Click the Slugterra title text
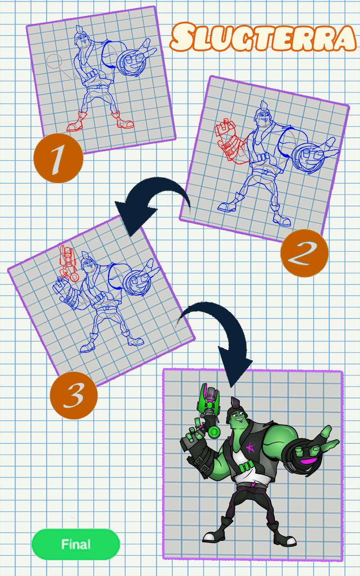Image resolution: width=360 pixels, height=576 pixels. (x=263, y=37)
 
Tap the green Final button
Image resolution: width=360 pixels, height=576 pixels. (x=76, y=544)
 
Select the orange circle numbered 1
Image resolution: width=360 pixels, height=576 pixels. (x=58, y=158)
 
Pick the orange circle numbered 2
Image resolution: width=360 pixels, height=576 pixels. (x=304, y=253)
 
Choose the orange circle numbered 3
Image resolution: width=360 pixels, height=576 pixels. (x=74, y=395)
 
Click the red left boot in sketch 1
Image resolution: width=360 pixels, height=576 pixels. (x=76, y=121)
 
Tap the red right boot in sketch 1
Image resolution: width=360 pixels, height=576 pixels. (x=122, y=120)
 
